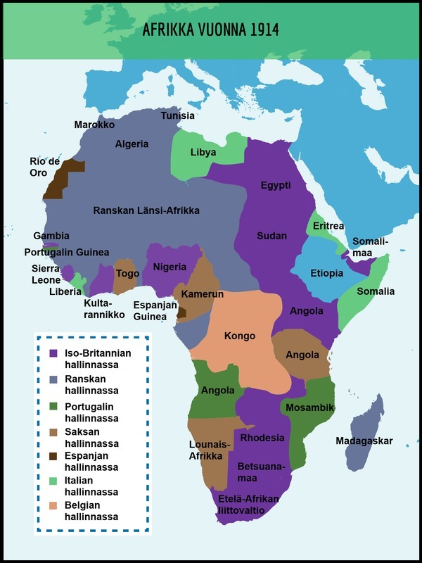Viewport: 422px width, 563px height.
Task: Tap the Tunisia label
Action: tap(178, 116)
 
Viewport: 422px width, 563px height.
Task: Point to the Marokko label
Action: tap(94, 125)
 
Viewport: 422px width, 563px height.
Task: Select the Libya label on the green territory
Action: tap(203, 152)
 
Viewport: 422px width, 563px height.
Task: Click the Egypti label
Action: tap(276, 185)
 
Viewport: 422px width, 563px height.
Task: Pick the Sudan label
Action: tap(271, 236)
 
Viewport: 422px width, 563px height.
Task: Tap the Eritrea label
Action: tap(328, 226)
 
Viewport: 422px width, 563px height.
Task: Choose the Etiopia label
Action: tap(327, 273)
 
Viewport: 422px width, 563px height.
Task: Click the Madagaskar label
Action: tap(364, 441)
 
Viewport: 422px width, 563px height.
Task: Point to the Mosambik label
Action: tap(309, 407)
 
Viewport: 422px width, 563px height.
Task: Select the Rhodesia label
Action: tap(262, 438)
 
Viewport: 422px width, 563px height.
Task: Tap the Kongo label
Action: tap(239, 336)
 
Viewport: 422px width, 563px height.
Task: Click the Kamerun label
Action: tap(203, 293)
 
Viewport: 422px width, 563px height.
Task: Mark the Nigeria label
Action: tap(170, 267)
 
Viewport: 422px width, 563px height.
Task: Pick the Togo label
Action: tap(127, 274)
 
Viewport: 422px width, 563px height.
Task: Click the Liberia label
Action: tap(65, 291)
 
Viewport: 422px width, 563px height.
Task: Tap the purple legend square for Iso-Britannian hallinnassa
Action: tap(52, 353)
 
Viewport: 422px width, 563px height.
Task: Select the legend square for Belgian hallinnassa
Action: tap(52, 505)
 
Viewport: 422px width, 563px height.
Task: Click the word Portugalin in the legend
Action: tap(89, 407)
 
